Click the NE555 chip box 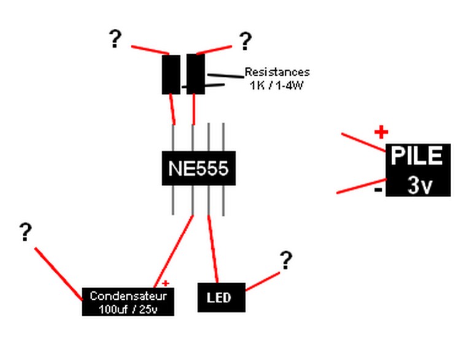[x=199, y=168]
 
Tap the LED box [x=222, y=297]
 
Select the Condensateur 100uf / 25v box [x=128, y=302]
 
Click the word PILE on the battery [x=417, y=155]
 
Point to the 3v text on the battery [x=420, y=185]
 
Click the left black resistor [x=171, y=75]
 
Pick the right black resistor [x=196, y=74]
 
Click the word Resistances [x=277, y=72]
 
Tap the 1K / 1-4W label [x=277, y=85]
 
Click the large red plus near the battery [x=381, y=132]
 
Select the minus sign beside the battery [x=378, y=189]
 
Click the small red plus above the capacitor [x=166, y=283]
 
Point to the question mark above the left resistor [x=115, y=39]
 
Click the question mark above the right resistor [x=245, y=41]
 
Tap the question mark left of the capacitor [x=25, y=232]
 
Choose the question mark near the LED [x=286, y=260]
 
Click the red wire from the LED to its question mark [x=263, y=281]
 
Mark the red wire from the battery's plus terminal [x=364, y=143]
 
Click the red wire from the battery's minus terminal [x=362, y=186]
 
